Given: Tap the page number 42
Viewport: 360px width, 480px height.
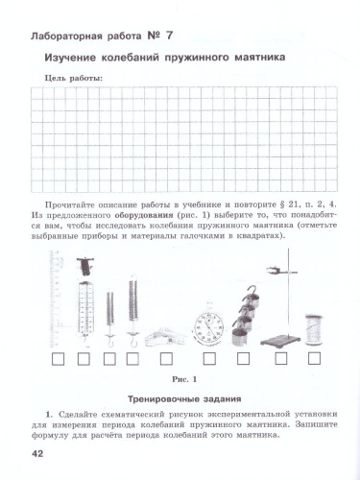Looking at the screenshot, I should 37,453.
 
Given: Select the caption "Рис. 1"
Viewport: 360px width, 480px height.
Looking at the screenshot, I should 180,378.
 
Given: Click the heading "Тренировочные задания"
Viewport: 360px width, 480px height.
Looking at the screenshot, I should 180,397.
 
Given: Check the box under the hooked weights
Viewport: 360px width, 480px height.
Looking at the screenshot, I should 244,361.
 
